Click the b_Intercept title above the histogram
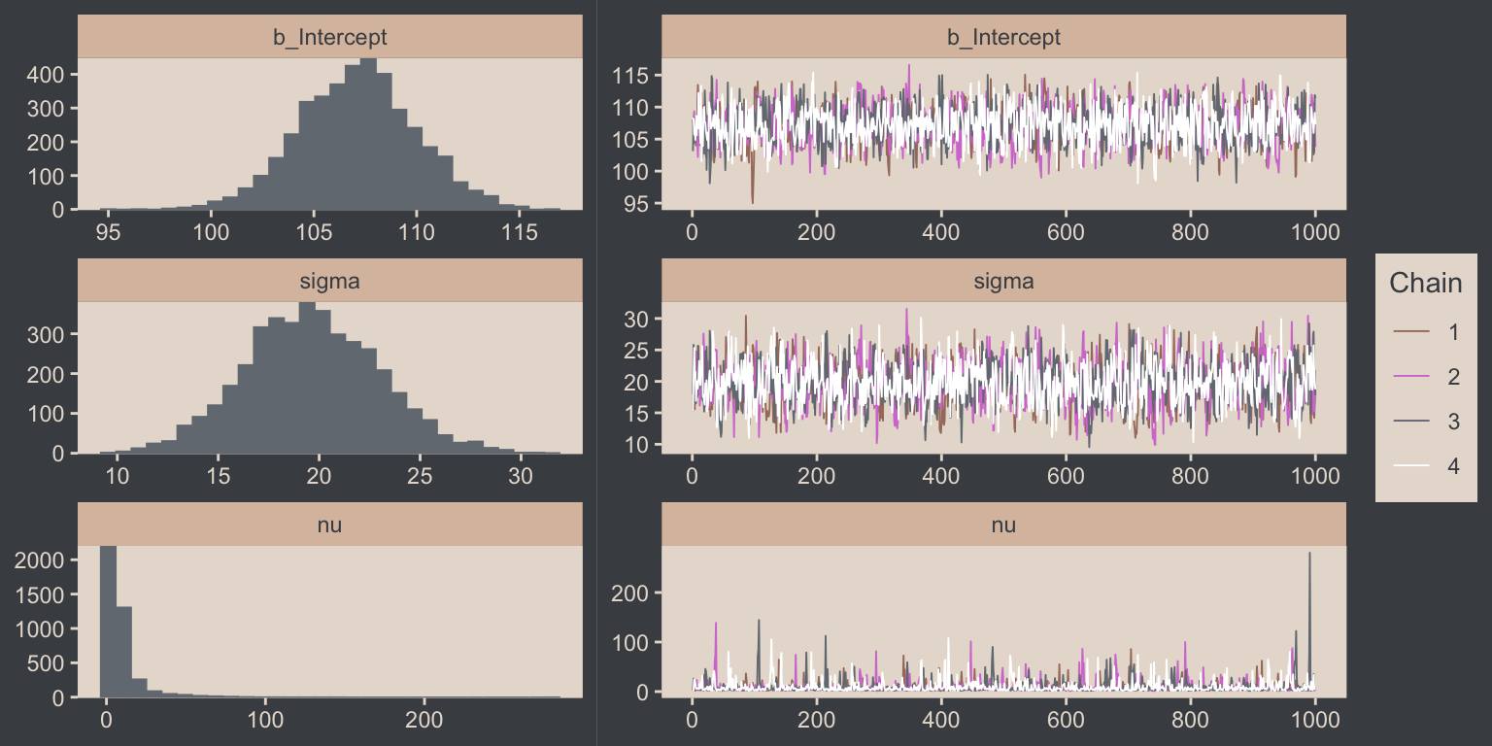coord(329,38)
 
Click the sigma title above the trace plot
coord(1003,282)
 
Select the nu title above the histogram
coord(329,526)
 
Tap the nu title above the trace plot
coord(1003,526)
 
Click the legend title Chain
coord(1426,283)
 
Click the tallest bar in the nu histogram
coord(109,622)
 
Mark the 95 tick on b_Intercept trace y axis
coord(637,204)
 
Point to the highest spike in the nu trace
coord(1309,554)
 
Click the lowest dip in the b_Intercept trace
coord(752,202)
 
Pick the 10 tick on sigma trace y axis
coord(637,444)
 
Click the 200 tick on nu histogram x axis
coord(424,721)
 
